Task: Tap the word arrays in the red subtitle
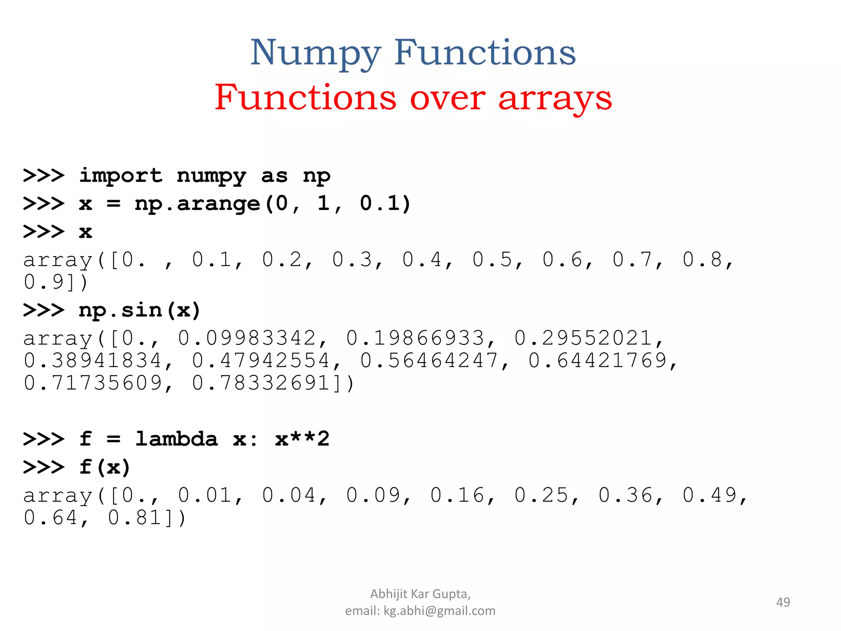(x=555, y=99)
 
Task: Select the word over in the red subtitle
(x=448, y=99)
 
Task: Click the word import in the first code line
(x=121, y=176)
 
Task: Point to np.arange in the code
(x=197, y=204)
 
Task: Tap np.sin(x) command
(x=140, y=310)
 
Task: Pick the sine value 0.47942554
(x=261, y=361)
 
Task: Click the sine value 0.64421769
(x=597, y=361)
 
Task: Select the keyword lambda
(x=177, y=439)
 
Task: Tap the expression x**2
(x=302, y=439)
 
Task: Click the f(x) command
(x=105, y=467)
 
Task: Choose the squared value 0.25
(x=541, y=495)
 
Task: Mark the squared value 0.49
(x=710, y=495)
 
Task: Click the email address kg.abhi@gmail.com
(x=439, y=611)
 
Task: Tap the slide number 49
(x=783, y=602)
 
